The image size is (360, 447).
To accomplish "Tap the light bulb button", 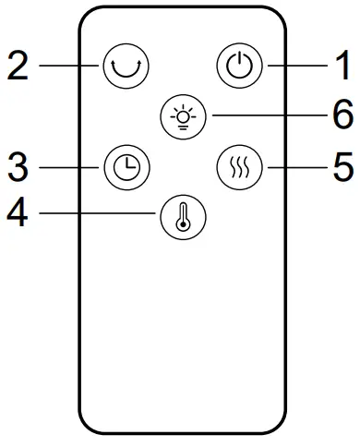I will tap(180, 117).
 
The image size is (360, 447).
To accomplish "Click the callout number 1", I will tap(342, 66).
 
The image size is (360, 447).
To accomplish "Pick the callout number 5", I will tap(342, 167).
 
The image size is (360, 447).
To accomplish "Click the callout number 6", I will tap(342, 117).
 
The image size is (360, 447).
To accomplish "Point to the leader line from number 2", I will tap(69, 66).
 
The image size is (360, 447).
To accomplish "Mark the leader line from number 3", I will tap(70, 167).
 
